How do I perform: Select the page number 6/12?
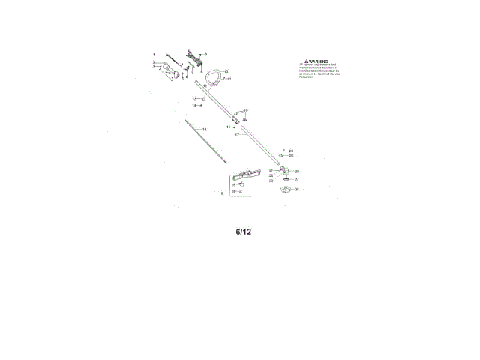(243, 232)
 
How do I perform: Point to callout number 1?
(154, 55)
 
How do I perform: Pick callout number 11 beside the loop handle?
(229, 79)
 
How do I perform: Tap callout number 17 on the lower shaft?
(237, 136)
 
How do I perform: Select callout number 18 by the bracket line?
(220, 193)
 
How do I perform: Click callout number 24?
(291, 151)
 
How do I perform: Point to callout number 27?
(297, 179)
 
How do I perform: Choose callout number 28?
(297, 190)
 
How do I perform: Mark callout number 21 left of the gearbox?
(271, 171)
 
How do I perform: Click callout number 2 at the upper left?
(154, 62)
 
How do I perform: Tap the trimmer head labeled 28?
(284, 191)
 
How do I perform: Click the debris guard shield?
(244, 179)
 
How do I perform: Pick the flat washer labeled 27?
(286, 180)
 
